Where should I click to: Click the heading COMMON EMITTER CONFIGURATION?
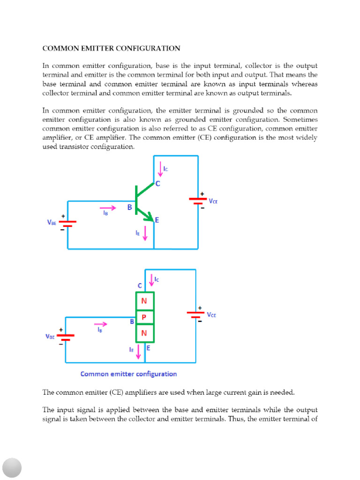111,48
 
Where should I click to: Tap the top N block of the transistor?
144,301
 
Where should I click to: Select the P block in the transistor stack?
144,317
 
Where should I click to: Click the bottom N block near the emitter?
144,333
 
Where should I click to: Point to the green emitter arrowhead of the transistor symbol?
150,218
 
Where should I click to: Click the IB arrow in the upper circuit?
107,208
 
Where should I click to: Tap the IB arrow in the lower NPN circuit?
100,324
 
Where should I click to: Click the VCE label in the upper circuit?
213,201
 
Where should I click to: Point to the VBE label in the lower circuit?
50,336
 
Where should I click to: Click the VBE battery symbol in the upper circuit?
68,224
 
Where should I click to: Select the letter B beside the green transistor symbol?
129,206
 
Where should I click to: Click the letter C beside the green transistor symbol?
157,184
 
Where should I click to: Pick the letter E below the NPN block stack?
148,348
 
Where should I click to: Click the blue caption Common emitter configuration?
128,374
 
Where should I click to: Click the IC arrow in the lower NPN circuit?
151,280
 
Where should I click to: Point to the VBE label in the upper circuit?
52,223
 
